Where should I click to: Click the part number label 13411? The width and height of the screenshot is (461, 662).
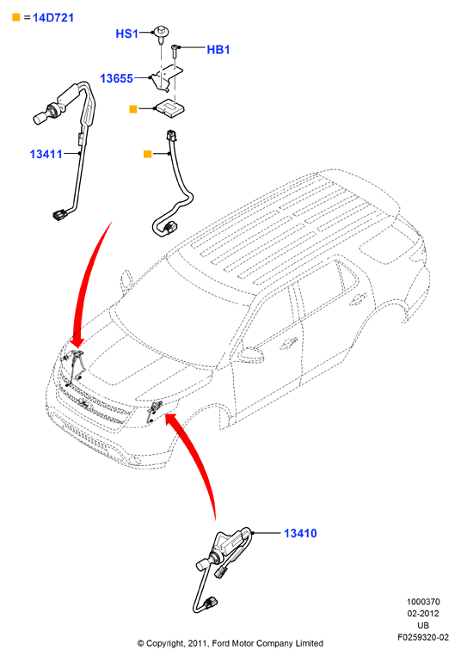pyautogui.click(x=46, y=154)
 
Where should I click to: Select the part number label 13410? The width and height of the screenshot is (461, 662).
pyautogui.click(x=300, y=533)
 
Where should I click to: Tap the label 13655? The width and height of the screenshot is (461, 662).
pyautogui.click(x=116, y=78)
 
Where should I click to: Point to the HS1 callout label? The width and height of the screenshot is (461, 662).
pyautogui.click(x=126, y=34)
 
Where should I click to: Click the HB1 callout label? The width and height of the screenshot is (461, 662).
pyautogui.click(x=218, y=49)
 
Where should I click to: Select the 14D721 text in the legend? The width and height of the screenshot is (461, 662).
pyautogui.click(x=53, y=18)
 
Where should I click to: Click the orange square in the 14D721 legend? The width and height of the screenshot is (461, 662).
pyautogui.click(x=16, y=17)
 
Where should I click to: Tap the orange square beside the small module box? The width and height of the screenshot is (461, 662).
pyautogui.click(x=133, y=109)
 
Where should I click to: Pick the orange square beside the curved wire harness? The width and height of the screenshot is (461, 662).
pyautogui.click(x=147, y=154)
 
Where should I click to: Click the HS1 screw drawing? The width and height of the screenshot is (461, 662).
pyautogui.click(x=161, y=34)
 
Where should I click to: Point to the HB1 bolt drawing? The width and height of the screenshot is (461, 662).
pyautogui.click(x=175, y=52)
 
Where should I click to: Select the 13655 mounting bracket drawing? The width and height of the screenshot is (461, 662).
pyautogui.click(x=167, y=77)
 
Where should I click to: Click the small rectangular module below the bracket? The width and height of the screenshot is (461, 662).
pyautogui.click(x=169, y=107)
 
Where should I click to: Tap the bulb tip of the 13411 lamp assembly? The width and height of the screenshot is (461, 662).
pyautogui.click(x=40, y=119)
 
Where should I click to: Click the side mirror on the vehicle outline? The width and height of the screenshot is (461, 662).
pyautogui.click(x=251, y=355)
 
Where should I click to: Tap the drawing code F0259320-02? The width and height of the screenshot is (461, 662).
pyautogui.click(x=423, y=637)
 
